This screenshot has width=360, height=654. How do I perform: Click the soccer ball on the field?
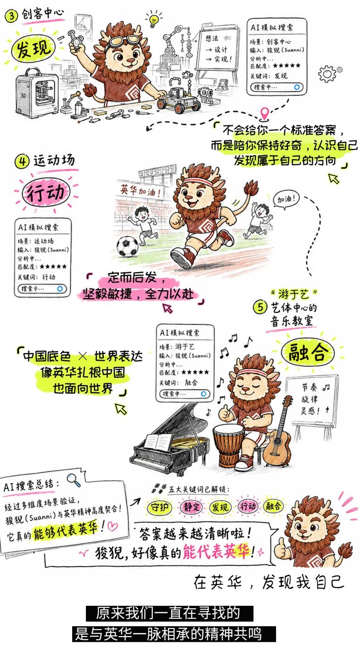[127, 246]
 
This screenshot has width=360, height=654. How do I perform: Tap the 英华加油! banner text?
[141, 190]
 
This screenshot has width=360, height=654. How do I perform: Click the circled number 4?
[22, 161]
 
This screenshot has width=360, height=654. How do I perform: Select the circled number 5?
[260, 307]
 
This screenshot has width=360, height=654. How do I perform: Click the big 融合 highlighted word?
[307, 352]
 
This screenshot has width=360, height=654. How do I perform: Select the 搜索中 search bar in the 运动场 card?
[42, 289]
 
